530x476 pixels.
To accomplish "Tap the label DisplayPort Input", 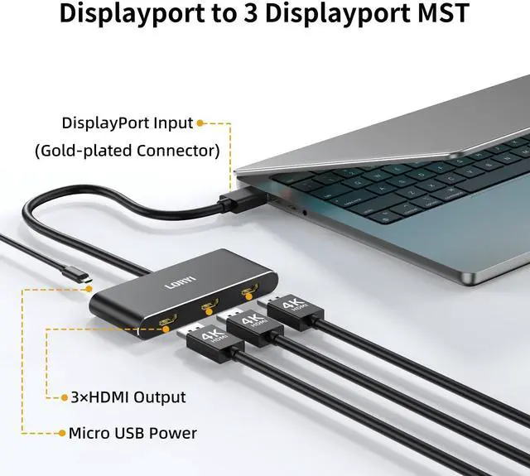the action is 128,123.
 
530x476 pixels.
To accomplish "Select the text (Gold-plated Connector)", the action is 127,151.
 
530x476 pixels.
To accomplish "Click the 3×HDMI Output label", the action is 128,397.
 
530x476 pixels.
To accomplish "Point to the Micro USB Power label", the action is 132,432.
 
